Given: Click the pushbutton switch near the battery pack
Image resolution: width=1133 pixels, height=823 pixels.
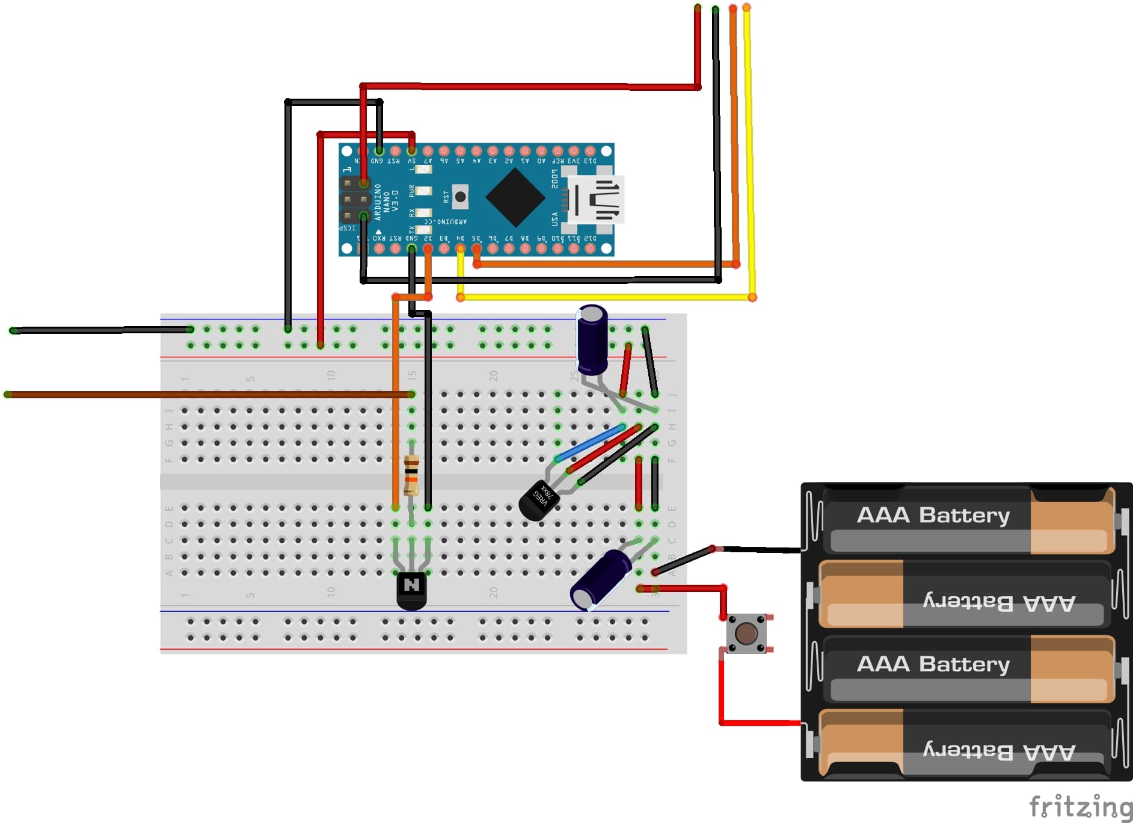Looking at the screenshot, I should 746,633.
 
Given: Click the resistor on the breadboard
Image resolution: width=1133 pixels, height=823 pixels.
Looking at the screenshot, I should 411,475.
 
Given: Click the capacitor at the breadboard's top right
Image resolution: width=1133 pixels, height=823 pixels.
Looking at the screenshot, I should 592,340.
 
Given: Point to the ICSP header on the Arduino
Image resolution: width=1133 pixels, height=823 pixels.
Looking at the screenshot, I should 355,199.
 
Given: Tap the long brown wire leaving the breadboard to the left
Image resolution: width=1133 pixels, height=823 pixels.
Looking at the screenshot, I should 180,395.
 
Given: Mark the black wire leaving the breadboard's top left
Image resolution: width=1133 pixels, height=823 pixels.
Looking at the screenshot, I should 96,330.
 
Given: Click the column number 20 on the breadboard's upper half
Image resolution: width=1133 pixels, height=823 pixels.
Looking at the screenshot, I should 493,375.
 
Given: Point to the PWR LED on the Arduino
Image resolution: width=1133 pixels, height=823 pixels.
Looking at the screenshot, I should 423,191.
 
